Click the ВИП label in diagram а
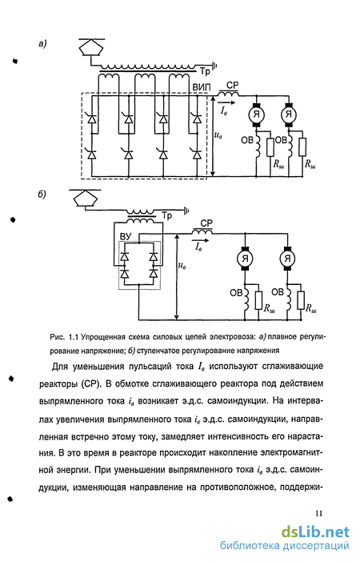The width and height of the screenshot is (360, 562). coord(202,87)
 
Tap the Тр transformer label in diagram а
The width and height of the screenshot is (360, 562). coord(205,71)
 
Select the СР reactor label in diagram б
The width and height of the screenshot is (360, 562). coord(206,223)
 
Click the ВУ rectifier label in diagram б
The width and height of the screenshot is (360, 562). coord(126,236)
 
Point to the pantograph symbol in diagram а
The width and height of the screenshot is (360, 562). coord(91,47)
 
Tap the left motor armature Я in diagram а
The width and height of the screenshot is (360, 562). coord(257,114)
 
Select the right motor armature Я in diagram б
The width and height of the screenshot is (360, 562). coord(287,258)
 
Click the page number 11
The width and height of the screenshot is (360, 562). coord(318,513)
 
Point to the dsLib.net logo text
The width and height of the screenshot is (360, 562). coord(315,532)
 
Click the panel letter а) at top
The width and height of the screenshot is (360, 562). coord(42,44)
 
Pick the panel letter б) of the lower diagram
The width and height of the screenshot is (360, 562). coord(42,195)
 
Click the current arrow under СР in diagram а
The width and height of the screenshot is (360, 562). coord(228,102)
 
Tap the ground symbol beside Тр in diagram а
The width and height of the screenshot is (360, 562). coord(214,66)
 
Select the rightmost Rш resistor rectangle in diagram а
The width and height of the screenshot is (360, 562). coord(302,147)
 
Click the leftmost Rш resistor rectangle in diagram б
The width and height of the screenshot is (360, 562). coord(258,300)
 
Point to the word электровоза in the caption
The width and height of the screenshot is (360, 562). coord(233,337)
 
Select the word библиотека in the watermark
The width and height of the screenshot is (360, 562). coord(250,545)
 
